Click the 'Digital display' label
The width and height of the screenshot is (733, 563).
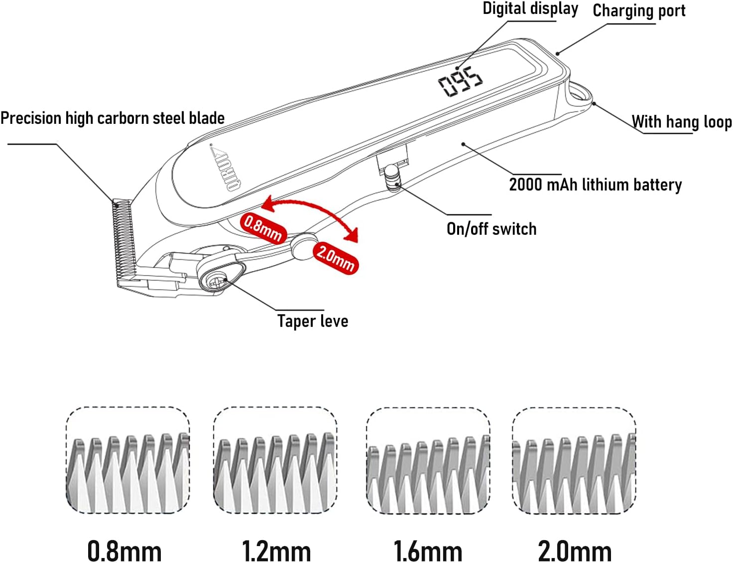(x=530, y=9)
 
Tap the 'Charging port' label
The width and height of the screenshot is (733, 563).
(x=639, y=11)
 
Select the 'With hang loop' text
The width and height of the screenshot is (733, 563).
(x=682, y=122)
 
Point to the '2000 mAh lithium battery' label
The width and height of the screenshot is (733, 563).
(x=595, y=185)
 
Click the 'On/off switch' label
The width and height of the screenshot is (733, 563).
(x=491, y=229)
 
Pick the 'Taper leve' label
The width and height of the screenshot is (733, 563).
(x=313, y=321)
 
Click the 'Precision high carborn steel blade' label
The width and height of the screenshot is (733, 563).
(x=113, y=118)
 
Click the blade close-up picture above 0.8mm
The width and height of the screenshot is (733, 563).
(x=128, y=461)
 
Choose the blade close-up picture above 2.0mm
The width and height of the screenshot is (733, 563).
(x=574, y=461)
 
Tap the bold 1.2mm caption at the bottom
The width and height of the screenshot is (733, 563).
(x=276, y=551)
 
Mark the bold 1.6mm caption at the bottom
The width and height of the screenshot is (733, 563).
(x=428, y=551)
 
